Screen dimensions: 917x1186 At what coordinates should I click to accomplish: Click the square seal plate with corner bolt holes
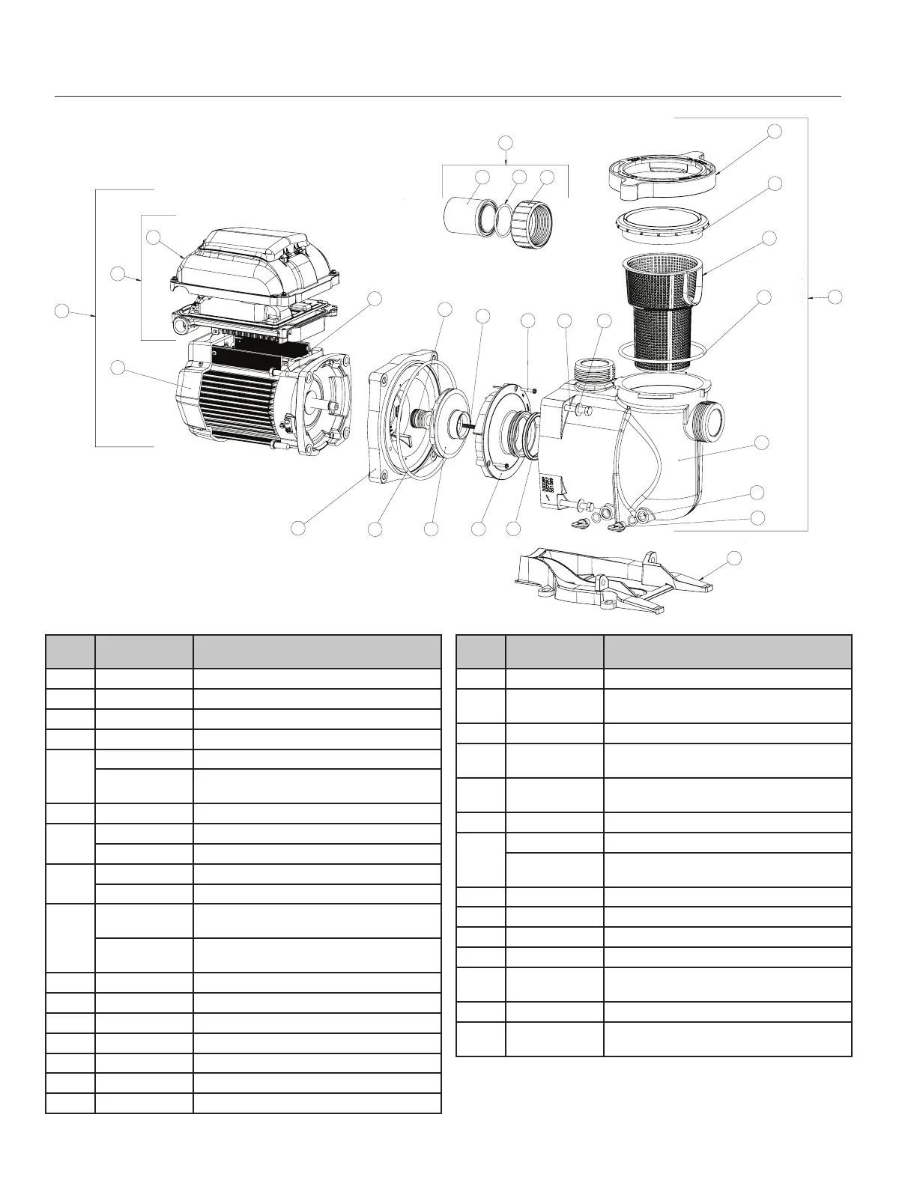(x=390, y=419)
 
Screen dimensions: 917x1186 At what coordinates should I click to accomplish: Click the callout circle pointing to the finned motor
(x=118, y=367)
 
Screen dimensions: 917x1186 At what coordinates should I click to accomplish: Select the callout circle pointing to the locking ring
(x=775, y=130)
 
